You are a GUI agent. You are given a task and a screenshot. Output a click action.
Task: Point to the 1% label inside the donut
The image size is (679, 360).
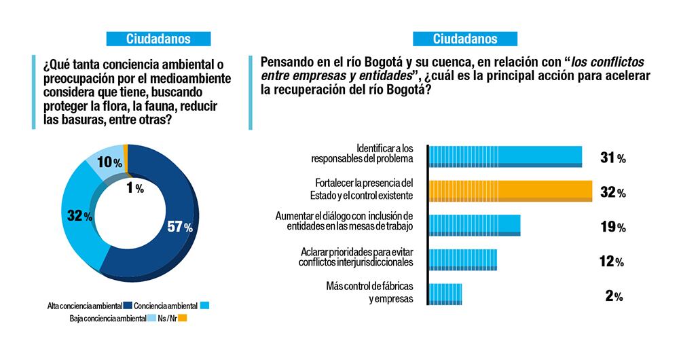point(134,189)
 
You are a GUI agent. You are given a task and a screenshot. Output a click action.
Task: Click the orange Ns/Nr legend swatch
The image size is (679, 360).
point(183,318)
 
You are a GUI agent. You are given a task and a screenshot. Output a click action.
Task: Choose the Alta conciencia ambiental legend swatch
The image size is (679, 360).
point(126,306)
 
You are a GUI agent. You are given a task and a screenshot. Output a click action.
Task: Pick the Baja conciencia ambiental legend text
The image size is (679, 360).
point(108,318)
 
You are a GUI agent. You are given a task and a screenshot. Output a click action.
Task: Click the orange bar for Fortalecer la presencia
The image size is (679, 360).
point(510,192)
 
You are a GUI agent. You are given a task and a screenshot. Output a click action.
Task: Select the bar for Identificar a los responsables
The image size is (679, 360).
point(504,156)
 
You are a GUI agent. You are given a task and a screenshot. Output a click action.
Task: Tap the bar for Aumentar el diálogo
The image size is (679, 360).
point(474,226)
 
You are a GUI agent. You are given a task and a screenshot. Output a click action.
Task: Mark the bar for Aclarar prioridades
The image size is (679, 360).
point(462,260)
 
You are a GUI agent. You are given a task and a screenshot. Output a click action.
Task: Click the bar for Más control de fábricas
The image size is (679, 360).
point(445,294)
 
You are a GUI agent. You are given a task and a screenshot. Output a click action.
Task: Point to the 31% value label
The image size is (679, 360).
point(612,158)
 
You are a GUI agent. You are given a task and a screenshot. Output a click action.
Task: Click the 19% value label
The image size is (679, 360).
point(612,227)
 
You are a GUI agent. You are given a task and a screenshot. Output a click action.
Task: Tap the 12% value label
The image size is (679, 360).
point(612,262)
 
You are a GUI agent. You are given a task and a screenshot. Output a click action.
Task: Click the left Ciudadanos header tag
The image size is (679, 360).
point(158,39)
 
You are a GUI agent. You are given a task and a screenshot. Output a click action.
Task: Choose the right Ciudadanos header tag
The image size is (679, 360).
point(465,39)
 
